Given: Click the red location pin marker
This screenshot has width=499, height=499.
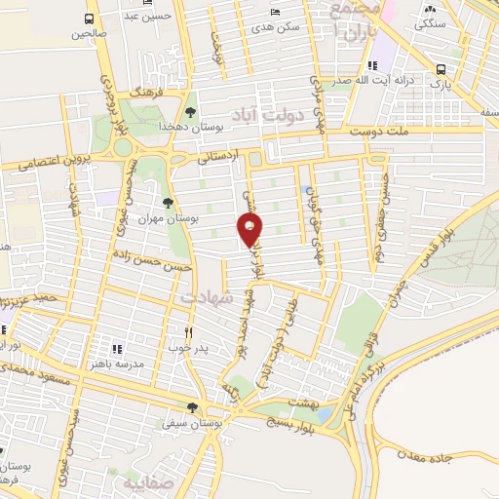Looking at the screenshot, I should [x=250, y=230].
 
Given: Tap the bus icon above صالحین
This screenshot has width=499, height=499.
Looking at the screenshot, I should [x=90, y=19].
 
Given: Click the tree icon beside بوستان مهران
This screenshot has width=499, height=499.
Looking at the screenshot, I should [x=169, y=203].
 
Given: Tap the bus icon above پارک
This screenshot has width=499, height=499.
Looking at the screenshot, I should [x=441, y=69].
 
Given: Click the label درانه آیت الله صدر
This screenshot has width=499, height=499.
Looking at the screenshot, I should [x=369, y=82].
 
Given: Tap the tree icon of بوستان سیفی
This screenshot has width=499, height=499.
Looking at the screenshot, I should [x=192, y=408].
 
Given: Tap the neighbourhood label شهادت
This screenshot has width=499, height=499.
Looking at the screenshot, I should [x=209, y=302].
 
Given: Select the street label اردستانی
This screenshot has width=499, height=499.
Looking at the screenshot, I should [x=214, y=154].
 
